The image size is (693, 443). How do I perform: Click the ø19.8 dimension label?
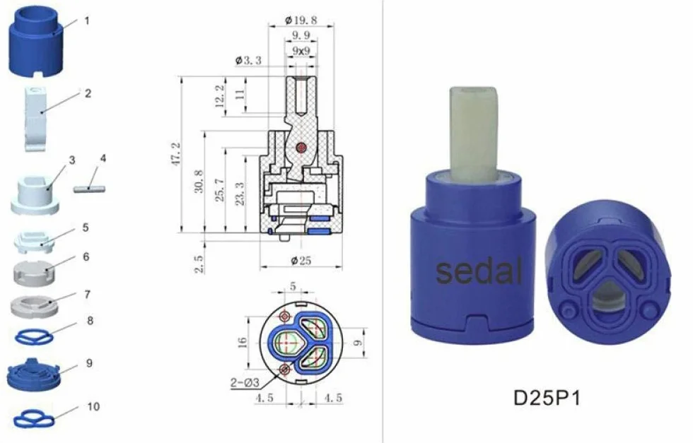pos(301,20)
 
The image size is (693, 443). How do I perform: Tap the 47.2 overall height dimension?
pos(177,154)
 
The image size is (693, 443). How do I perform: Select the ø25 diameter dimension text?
pos(301,261)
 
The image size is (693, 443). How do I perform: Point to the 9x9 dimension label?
pos(301,51)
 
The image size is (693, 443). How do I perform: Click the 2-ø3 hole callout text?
pos(245,382)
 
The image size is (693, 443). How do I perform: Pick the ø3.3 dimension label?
pos(248,60)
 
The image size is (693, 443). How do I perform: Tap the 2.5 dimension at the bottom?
pos(199,264)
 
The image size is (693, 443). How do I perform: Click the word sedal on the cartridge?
pos(479,271)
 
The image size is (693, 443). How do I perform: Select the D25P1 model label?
pos(547,398)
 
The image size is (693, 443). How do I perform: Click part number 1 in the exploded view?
pos(86,20)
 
